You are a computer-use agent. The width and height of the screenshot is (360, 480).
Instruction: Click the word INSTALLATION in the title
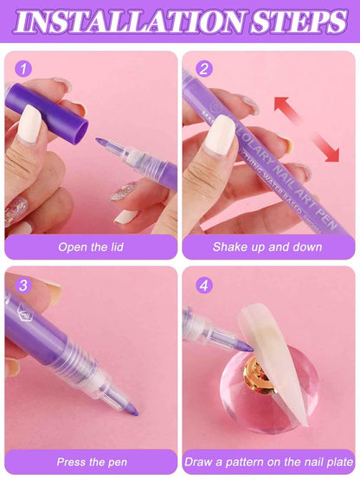[x=139, y=21]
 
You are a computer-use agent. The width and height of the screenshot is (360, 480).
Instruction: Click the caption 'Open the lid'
[x=90, y=246]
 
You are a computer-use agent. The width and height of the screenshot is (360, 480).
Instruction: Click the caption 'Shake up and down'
[x=267, y=246]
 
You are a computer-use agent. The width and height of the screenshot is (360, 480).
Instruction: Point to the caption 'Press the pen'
[x=90, y=462]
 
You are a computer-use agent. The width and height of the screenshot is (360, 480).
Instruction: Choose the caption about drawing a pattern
[x=267, y=462]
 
